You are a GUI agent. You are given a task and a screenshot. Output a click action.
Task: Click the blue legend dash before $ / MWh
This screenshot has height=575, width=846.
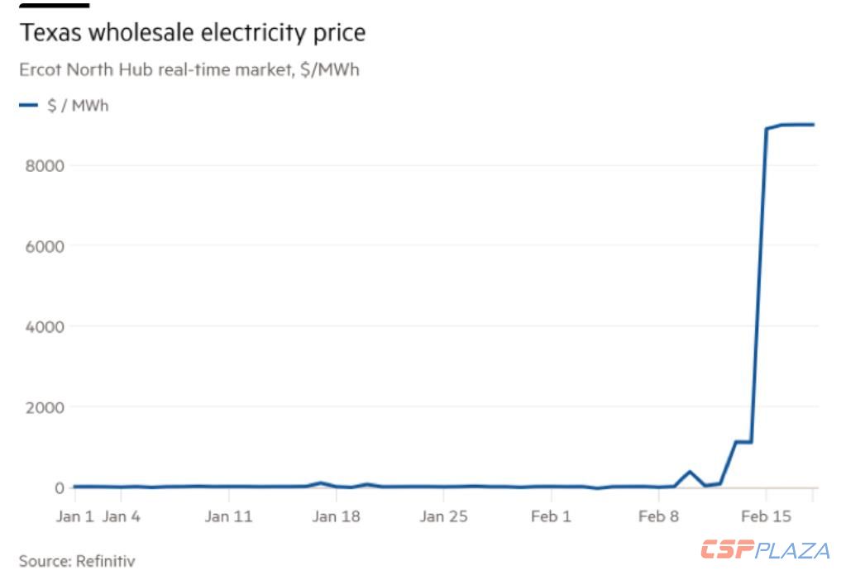click(x=29, y=105)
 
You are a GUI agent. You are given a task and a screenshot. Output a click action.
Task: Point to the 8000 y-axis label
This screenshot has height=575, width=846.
click(x=45, y=166)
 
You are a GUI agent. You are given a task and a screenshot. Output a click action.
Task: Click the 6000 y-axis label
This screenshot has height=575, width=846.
click(x=45, y=246)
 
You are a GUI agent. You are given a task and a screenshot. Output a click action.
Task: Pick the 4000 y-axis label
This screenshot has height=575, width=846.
click(x=45, y=326)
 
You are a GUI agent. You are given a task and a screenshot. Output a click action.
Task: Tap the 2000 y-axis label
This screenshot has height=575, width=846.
click(x=45, y=407)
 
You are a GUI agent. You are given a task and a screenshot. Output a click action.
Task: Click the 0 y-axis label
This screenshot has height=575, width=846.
click(x=59, y=487)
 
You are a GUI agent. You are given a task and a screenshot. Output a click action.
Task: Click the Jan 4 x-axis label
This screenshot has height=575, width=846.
click(x=121, y=516)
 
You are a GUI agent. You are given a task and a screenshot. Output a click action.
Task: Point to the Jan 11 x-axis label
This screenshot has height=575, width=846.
click(x=228, y=516)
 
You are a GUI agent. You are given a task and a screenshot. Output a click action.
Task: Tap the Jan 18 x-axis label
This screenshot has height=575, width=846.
click(x=337, y=516)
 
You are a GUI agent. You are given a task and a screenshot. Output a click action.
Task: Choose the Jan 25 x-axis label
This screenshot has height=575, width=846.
click(x=443, y=516)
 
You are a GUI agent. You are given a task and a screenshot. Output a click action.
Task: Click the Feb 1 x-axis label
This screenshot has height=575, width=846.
click(x=551, y=516)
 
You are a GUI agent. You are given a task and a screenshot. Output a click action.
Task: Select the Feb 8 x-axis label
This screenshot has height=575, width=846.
click(x=658, y=516)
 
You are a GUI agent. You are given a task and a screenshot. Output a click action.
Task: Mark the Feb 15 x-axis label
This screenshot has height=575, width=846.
click(x=766, y=516)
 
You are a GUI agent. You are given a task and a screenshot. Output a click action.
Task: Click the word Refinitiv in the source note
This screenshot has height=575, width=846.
click(x=105, y=562)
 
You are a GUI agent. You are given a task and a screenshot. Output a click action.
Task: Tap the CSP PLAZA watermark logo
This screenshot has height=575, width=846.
click(x=765, y=549)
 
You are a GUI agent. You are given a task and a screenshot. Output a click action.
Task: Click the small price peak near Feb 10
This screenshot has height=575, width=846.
click(x=689, y=472)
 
